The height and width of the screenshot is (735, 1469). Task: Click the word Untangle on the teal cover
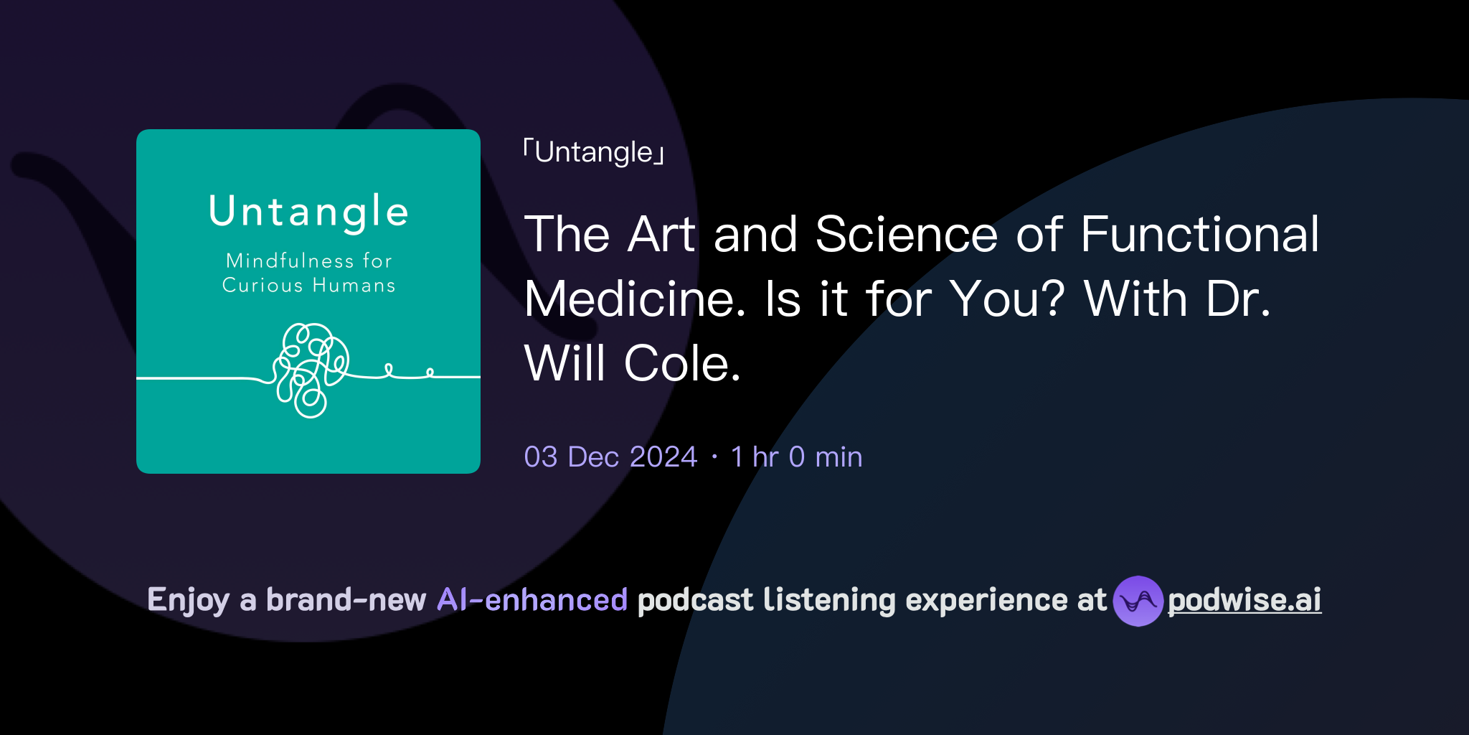(308, 212)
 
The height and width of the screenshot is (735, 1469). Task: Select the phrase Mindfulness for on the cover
(308, 261)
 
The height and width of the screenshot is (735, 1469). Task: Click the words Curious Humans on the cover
(308, 286)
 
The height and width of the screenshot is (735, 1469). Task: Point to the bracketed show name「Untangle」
(594, 153)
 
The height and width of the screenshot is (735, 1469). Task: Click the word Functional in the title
(1199, 235)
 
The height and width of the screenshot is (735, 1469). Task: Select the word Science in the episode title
(907, 235)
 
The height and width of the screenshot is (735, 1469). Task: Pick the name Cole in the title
(682, 364)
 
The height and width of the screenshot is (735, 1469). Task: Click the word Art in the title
(661, 235)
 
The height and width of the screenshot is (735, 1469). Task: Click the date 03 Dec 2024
(610, 457)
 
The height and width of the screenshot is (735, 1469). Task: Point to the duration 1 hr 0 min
(796, 457)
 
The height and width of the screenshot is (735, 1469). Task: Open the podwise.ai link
(1244, 601)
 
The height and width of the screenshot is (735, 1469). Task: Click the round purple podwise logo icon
(1138, 601)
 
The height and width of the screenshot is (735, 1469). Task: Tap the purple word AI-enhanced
(532, 600)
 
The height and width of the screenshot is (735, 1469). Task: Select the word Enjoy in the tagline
(188, 601)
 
